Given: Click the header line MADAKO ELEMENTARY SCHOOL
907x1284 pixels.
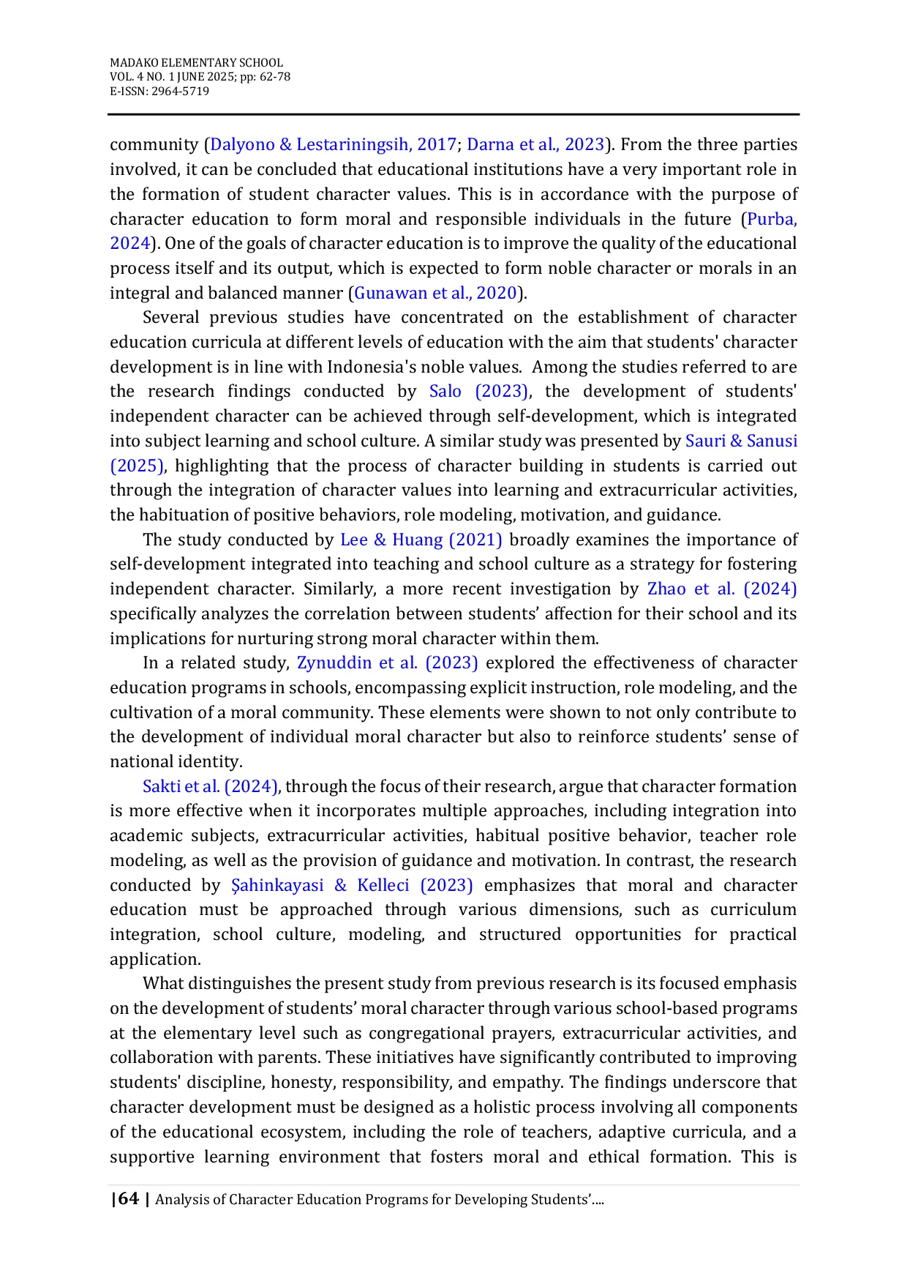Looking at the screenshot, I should click(x=196, y=63).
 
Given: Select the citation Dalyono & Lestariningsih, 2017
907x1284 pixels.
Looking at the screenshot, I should click(x=333, y=144).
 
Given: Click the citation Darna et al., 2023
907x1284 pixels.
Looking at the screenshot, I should click(x=535, y=144).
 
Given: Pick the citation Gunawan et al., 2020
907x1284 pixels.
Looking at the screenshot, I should click(x=436, y=293).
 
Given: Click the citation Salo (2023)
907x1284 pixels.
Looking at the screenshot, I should click(x=478, y=391).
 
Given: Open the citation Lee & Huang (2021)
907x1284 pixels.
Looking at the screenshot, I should click(x=421, y=540).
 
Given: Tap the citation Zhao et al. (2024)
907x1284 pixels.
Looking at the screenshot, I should click(x=722, y=589).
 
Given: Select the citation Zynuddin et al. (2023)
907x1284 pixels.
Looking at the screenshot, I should click(x=387, y=662).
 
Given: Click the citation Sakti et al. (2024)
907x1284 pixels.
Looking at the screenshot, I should click(x=210, y=786).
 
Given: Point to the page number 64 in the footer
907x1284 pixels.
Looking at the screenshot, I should click(x=128, y=1198).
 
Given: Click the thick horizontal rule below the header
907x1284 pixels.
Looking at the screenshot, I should click(x=453, y=114).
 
